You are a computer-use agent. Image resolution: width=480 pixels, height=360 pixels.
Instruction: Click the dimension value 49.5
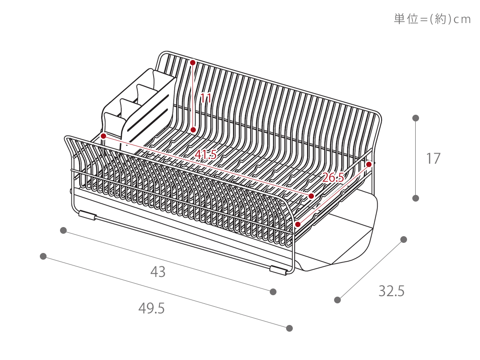point(152,308)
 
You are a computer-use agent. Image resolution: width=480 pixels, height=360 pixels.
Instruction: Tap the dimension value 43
point(158,272)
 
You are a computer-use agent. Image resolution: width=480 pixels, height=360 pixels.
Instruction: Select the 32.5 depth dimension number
point(392,291)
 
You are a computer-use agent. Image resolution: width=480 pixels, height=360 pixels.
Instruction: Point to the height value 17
point(433,158)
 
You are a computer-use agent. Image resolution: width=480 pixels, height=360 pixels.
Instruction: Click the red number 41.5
point(206,155)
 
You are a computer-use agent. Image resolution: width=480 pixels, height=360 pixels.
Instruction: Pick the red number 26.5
point(333,178)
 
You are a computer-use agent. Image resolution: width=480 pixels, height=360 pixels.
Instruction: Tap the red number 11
point(206,99)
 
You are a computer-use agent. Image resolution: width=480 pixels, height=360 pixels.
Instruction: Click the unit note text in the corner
point(432,20)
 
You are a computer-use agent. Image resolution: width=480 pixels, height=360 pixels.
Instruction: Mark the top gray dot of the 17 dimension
point(416,118)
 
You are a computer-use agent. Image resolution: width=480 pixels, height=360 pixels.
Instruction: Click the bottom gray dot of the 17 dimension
point(416,198)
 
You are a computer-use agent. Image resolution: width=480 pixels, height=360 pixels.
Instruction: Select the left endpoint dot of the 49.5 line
point(43,256)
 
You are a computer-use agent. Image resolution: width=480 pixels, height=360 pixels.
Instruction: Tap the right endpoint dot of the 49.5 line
point(289,328)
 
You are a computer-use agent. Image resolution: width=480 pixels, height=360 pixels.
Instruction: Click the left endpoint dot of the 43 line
point(63,230)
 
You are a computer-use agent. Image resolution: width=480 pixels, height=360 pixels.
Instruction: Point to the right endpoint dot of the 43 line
point(273,291)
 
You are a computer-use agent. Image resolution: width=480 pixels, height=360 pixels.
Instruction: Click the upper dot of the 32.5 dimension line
point(404,239)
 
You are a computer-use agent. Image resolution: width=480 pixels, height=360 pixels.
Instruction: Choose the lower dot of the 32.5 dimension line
point(337,300)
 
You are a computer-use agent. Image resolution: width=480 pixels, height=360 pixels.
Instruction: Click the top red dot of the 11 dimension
point(193,62)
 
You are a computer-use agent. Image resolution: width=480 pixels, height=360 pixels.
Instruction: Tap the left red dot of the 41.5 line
point(103,136)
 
